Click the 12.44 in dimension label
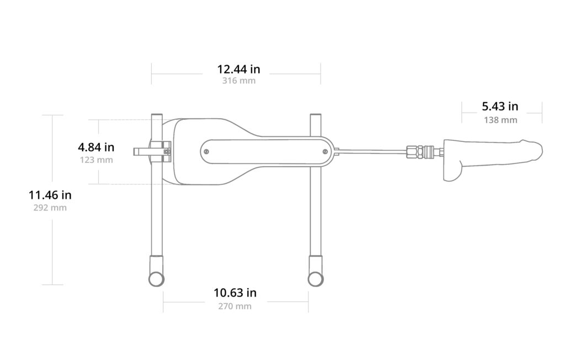tap(238, 69)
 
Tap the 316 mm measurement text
tap(238, 81)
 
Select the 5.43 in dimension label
tap(500, 107)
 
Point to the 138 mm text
tap(500, 120)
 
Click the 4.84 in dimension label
tap(96, 147)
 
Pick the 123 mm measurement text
tap(96, 160)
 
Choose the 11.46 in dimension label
tap(50, 195)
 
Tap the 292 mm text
tap(50, 208)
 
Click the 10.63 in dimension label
tap(235, 293)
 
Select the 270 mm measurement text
tap(234, 306)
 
